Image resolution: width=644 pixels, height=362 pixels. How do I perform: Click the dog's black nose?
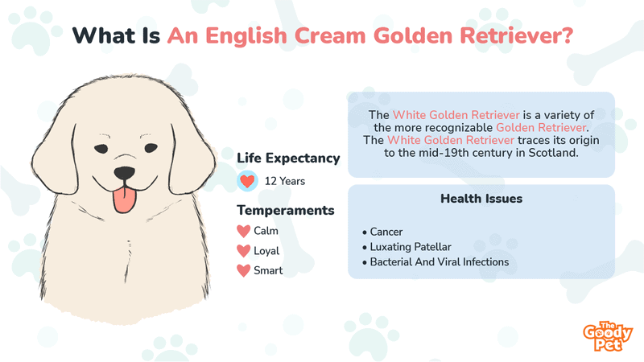(124, 173)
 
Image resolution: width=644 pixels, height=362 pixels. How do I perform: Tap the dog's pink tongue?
(125, 200)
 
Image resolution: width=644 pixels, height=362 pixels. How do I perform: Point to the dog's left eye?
(151, 148)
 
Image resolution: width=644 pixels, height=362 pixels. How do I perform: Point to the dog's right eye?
(101, 149)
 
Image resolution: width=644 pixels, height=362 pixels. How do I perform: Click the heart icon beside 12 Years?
(247, 181)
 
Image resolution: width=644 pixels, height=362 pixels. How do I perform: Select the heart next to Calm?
(244, 231)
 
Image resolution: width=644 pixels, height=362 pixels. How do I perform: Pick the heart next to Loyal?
(244, 251)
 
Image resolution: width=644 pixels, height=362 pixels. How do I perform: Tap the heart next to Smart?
(244, 270)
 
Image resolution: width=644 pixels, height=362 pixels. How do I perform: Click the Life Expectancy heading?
(288, 158)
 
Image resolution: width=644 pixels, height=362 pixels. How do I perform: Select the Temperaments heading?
(286, 210)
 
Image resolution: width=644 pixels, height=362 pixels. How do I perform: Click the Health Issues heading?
(481, 199)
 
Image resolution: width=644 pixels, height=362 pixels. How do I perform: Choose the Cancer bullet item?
(382, 232)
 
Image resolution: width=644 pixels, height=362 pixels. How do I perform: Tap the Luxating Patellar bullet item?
(407, 247)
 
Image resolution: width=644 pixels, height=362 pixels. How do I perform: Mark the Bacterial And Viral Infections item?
(436, 262)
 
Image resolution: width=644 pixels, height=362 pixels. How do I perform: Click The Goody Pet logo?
(608, 336)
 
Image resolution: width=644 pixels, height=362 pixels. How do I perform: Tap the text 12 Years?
(285, 181)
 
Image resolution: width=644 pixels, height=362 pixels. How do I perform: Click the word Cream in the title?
(330, 35)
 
